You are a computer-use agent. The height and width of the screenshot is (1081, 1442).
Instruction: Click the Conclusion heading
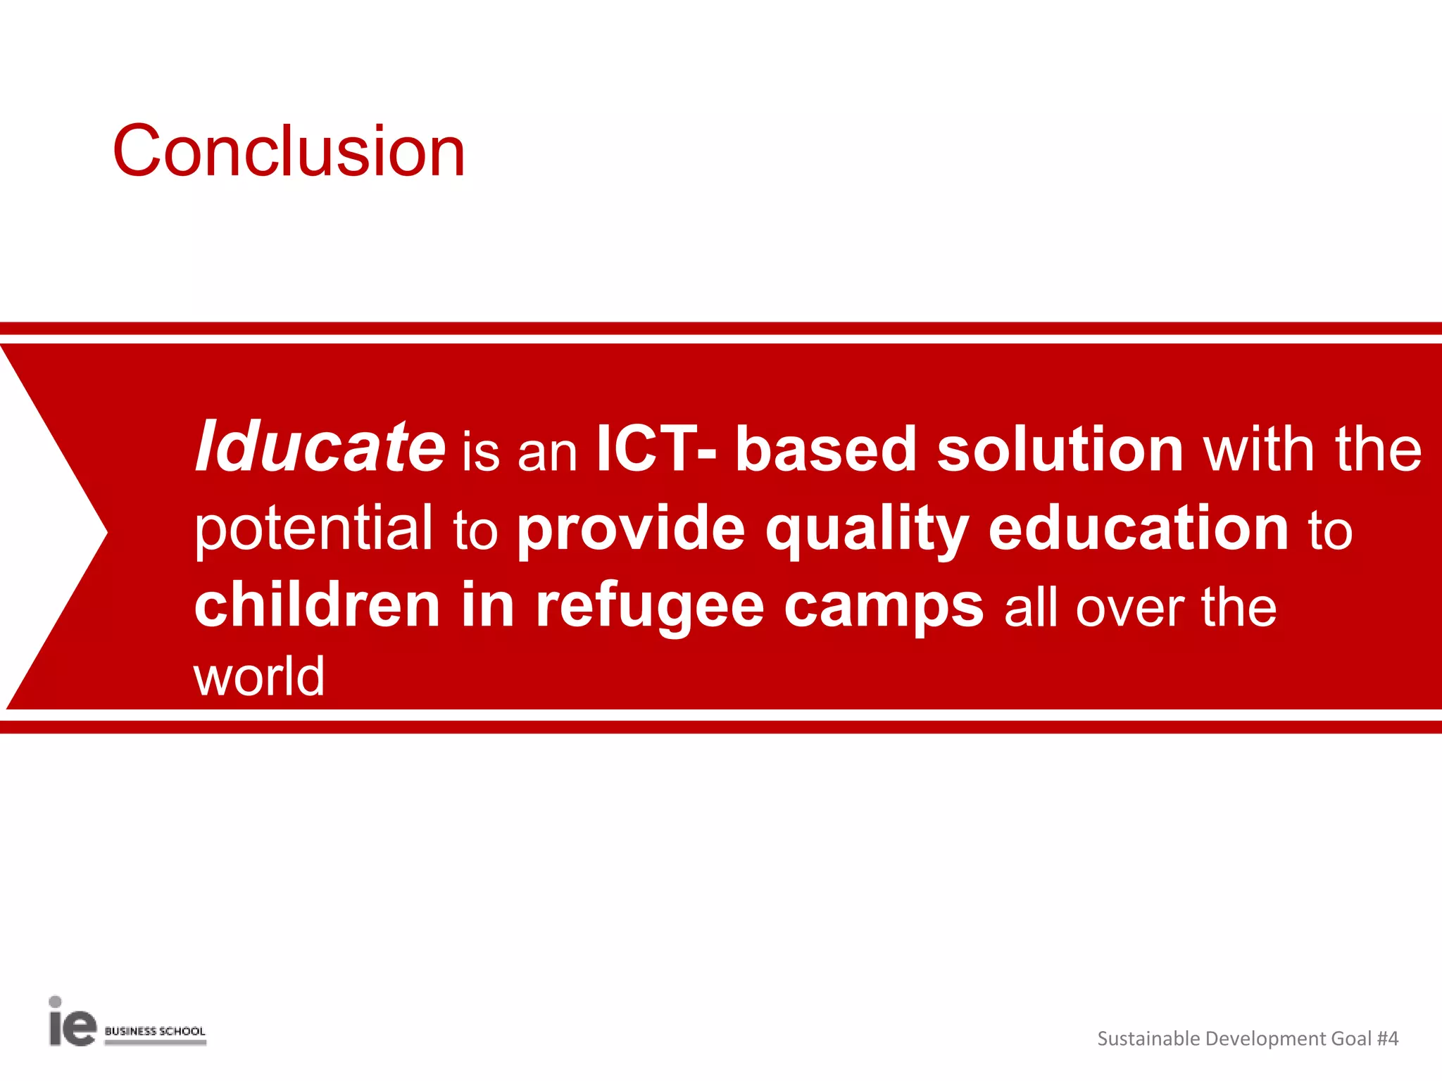(x=289, y=151)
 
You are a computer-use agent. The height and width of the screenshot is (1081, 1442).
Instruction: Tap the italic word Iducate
(x=320, y=447)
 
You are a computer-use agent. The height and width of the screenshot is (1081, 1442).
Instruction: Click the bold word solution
(x=1060, y=450)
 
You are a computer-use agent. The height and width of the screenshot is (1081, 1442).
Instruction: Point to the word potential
(x=314, y=529)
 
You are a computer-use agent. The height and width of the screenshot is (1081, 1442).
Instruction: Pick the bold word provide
(x=631, y=529)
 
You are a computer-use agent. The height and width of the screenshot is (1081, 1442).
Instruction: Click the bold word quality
(x=867, y=529)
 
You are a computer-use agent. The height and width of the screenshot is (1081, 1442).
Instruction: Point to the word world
(x=259, y=676)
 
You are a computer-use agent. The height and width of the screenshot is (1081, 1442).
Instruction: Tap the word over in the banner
(x=1130, y=608)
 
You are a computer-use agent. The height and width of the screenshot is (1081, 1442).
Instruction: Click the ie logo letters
(x=72, y=1024)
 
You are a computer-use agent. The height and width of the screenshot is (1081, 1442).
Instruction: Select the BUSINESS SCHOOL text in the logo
(x=155, y=1031)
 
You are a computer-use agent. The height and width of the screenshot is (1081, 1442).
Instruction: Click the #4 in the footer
(x=1387, y=1038)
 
